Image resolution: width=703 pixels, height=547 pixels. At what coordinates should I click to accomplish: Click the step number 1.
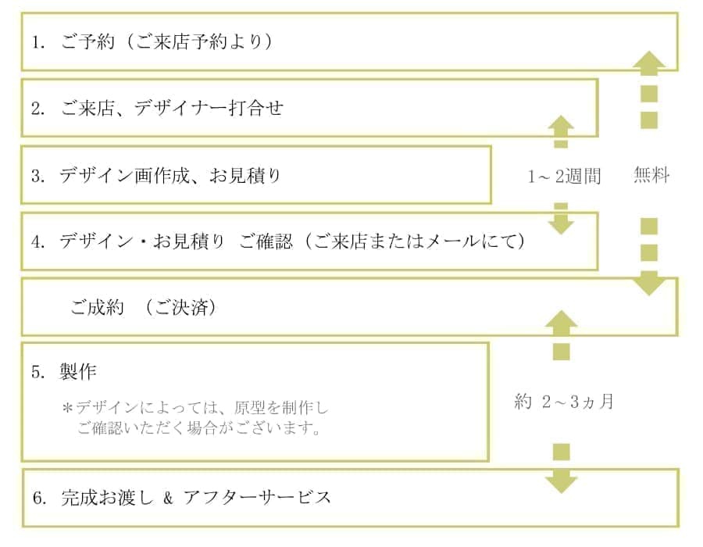(37, 42)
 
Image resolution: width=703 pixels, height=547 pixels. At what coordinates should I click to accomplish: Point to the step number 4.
(37, 241)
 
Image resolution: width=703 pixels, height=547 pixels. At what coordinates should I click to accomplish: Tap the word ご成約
(97, 307)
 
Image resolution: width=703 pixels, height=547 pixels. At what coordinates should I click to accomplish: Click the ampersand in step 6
(167, 498)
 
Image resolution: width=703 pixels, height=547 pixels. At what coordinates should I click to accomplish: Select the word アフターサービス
(257, 498)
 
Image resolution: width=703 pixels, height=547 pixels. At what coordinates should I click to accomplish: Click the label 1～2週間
(564, 177)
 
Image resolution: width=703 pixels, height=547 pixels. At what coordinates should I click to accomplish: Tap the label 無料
(651, 177)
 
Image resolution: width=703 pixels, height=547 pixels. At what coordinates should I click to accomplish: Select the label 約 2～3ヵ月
(564, 402)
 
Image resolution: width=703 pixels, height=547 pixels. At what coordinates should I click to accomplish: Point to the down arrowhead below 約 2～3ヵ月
(561, 481)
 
